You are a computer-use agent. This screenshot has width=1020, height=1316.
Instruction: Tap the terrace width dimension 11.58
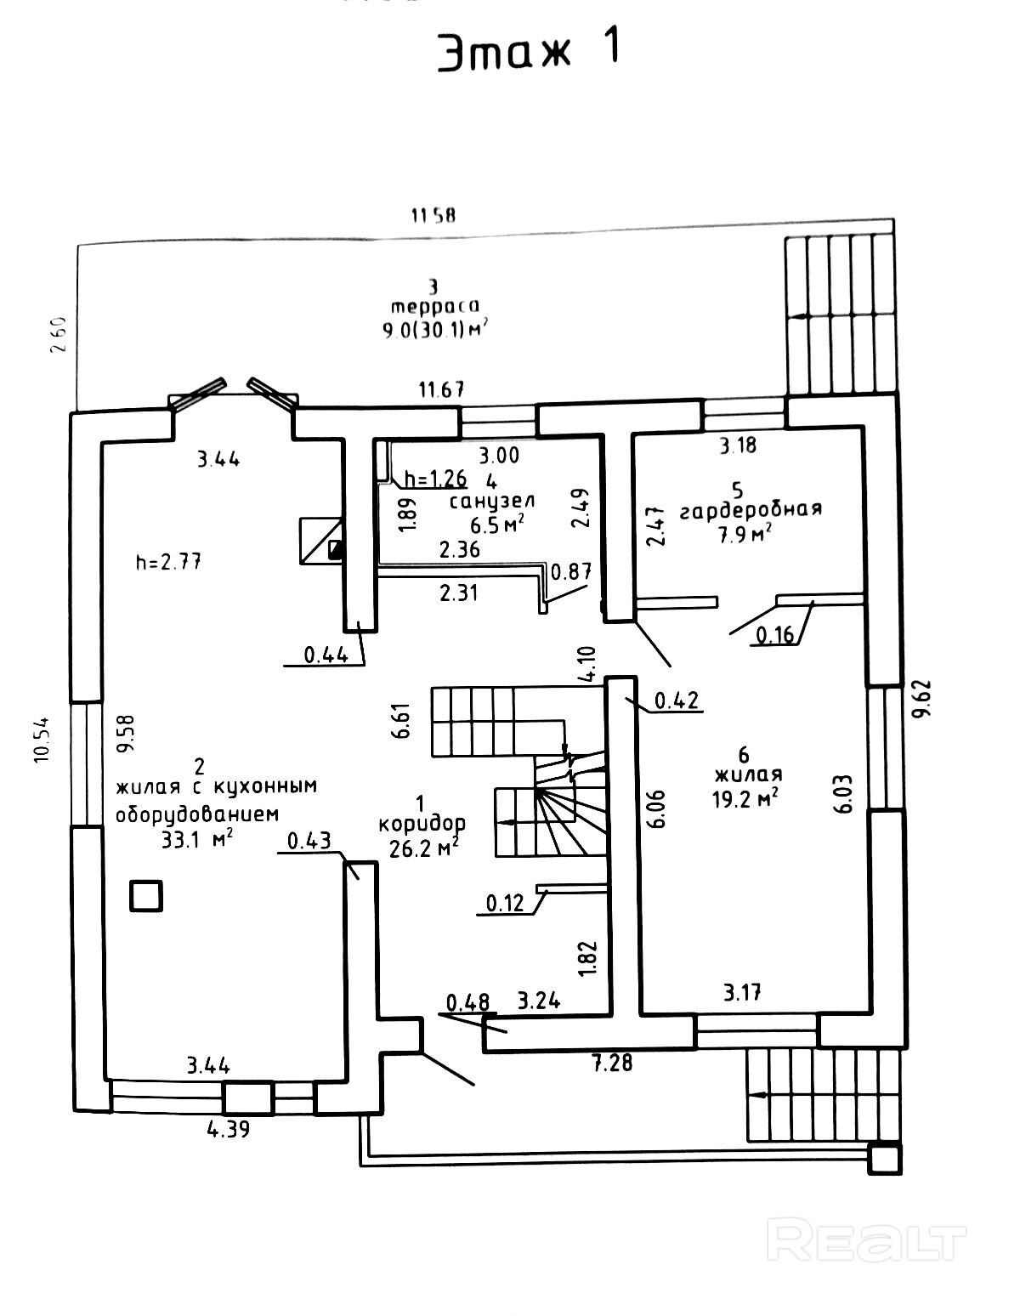click(x=433, y=215)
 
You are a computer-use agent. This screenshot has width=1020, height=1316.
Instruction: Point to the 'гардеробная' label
click(x=751, y=509)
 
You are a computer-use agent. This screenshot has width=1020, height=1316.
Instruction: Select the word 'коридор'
click(x=422, y=824)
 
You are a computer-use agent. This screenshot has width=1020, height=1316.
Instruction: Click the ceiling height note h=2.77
click(x=168, y=561)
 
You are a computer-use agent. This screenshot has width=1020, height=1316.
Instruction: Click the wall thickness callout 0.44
click(x=321, y=655)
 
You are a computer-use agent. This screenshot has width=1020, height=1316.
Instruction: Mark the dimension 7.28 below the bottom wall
click(x=611, y=1062)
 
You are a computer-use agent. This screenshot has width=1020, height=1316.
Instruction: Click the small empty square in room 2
click(x=145, y=896)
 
